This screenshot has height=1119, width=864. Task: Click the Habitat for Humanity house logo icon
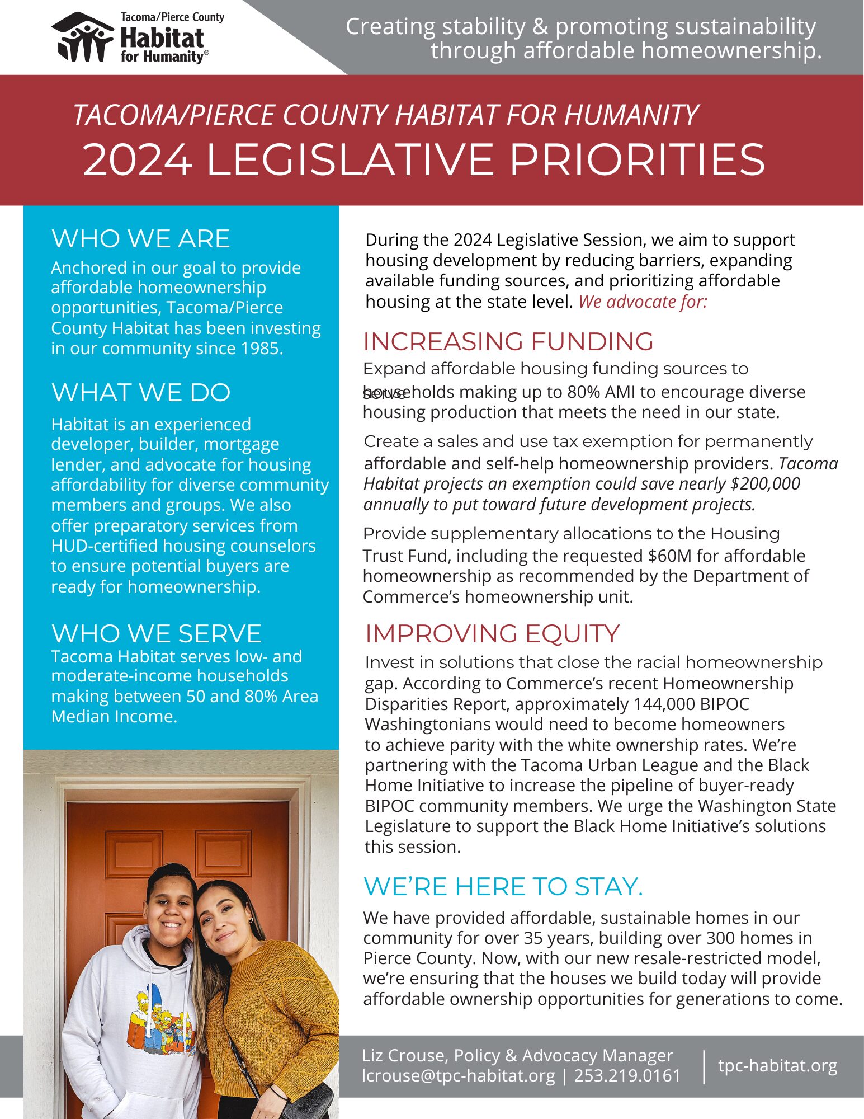coord(83,37)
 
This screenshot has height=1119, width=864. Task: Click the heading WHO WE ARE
coord(140,239)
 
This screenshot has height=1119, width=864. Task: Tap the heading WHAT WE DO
coord(140,393)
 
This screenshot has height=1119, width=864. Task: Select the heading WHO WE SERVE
coord(156,634)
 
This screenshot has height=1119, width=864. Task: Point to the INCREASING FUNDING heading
coord(508,342)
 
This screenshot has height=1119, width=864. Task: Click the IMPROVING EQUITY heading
coord(492,634)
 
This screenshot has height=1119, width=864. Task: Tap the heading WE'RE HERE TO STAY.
coord(503,887)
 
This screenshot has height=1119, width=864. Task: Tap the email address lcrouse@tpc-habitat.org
coord(459,1076)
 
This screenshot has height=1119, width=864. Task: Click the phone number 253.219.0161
coord(627,1076)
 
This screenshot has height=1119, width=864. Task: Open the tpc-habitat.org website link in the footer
coord(777,1066)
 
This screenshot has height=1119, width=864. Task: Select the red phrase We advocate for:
coord(643,302)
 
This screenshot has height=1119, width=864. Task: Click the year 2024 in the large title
coord(138,161)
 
